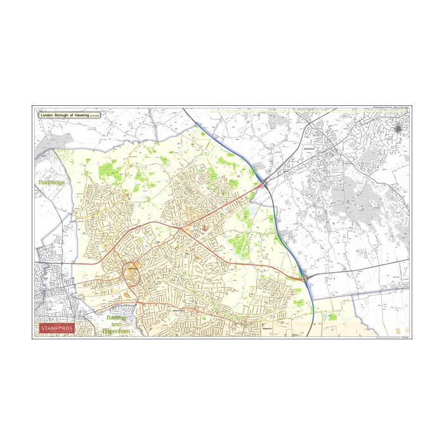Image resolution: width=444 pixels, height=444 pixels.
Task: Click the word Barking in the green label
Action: point(117,317)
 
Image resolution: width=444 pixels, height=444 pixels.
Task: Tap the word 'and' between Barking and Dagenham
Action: point(116,324)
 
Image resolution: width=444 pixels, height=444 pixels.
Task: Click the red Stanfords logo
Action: point(57,329)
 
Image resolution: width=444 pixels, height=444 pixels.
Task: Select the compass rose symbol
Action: point(398,129)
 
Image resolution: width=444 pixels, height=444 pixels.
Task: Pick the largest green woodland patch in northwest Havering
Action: point(108,169)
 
